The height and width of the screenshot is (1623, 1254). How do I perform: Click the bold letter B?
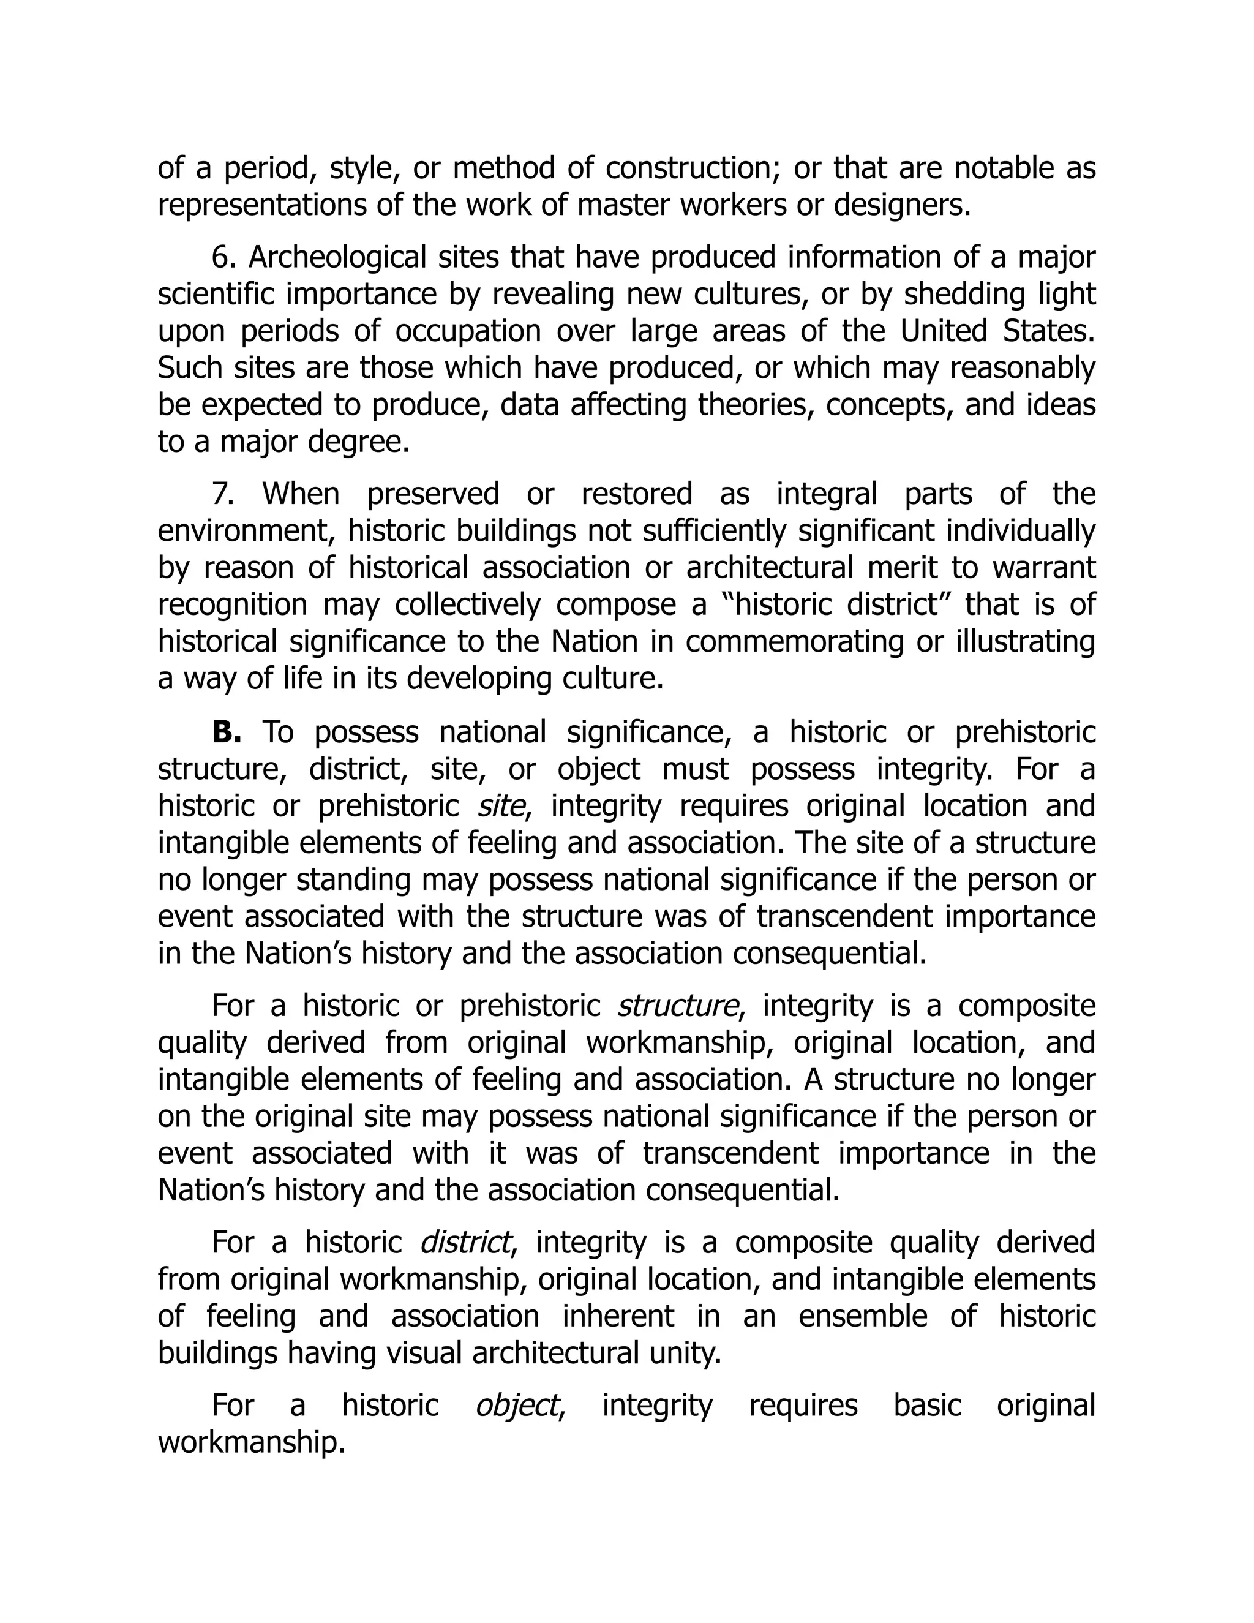226,732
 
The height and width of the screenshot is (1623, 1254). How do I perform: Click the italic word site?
501,807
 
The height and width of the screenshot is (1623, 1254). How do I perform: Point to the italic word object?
517,1405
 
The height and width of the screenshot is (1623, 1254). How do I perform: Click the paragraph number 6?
222,258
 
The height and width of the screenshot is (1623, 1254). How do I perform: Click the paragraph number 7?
222,494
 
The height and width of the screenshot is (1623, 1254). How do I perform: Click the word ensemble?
863,1316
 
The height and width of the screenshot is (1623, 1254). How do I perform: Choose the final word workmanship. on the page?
251,1442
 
